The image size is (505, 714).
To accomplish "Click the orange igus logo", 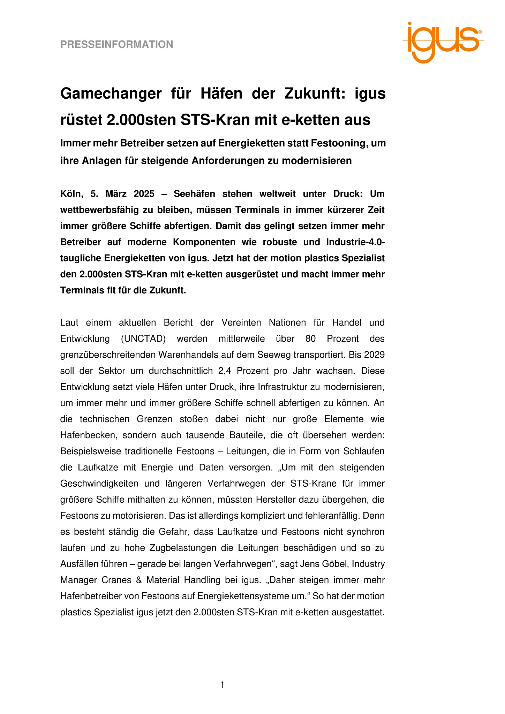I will point(443,41).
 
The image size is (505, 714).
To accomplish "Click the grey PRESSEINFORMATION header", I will point(116,45).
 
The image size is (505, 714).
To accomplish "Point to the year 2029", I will point(374,355).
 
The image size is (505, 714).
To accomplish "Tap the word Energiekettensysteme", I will point(244,596).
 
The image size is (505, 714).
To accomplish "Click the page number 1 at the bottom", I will point(222,685).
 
